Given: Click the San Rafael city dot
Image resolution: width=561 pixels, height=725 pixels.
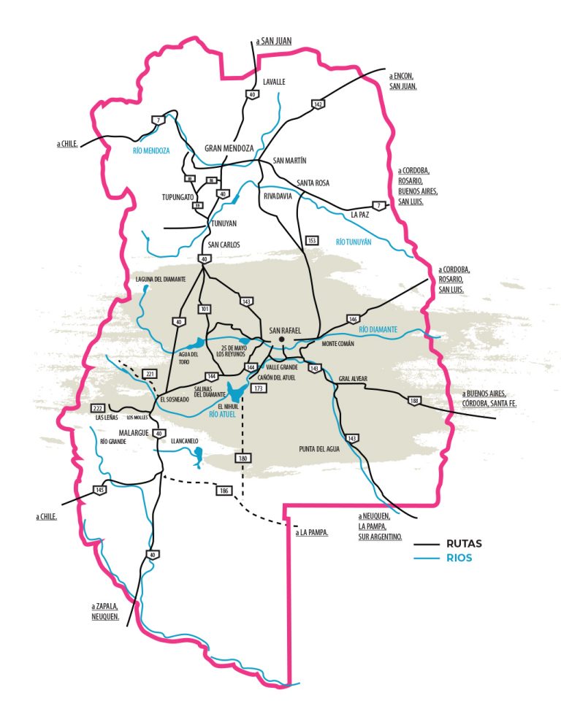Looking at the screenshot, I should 280,340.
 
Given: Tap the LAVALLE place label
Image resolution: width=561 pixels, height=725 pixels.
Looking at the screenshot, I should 274,82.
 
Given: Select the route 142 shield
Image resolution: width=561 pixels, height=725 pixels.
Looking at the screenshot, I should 318,104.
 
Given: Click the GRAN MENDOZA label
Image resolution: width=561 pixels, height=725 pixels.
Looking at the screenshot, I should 229,148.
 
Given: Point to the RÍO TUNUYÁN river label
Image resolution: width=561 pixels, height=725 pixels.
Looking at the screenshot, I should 354,242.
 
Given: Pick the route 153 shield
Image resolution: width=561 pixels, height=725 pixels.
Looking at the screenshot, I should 312,240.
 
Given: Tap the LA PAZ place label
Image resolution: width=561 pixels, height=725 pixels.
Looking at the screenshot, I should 360,215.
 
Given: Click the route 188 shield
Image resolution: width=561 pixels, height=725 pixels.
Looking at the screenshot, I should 414,401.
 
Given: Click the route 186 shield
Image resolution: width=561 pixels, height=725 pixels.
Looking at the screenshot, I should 224,491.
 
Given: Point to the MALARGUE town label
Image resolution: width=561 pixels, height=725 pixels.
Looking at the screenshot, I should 134,433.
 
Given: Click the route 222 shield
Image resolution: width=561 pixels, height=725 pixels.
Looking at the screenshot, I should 98,407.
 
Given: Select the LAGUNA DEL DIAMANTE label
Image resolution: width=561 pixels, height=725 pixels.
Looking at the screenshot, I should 161,279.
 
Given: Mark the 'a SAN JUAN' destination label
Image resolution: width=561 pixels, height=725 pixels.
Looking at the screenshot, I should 274,41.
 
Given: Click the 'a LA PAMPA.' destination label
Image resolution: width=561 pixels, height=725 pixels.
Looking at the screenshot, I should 312,533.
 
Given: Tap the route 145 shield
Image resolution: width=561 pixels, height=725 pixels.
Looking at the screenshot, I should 99,490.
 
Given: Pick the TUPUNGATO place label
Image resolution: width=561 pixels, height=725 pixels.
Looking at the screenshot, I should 178,197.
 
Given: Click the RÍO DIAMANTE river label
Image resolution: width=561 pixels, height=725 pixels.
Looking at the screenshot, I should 378,330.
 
